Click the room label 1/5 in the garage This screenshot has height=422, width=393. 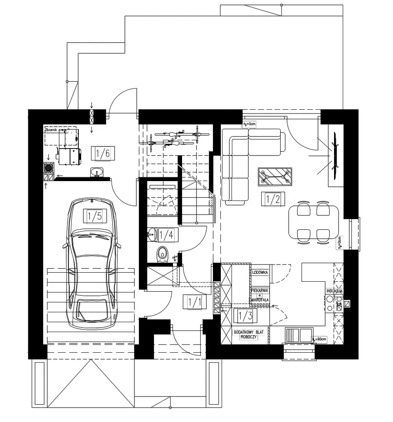point(94,216)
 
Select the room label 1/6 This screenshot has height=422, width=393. point(103,154)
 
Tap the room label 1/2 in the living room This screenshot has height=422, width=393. point(273,200)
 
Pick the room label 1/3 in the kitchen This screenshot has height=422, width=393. point(246,316)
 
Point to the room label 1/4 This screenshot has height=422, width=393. point(166,235)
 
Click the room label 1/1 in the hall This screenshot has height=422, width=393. point(194,302)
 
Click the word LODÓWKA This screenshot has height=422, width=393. point(260,273)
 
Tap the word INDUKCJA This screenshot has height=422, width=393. point(334,291)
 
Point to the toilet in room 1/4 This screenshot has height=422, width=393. point(162,254)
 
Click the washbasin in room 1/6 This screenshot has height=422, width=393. point(97,172)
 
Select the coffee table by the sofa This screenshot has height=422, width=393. point(274,177)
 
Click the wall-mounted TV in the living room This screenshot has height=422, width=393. point(335,150)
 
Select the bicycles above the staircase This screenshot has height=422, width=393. point(173,139)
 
